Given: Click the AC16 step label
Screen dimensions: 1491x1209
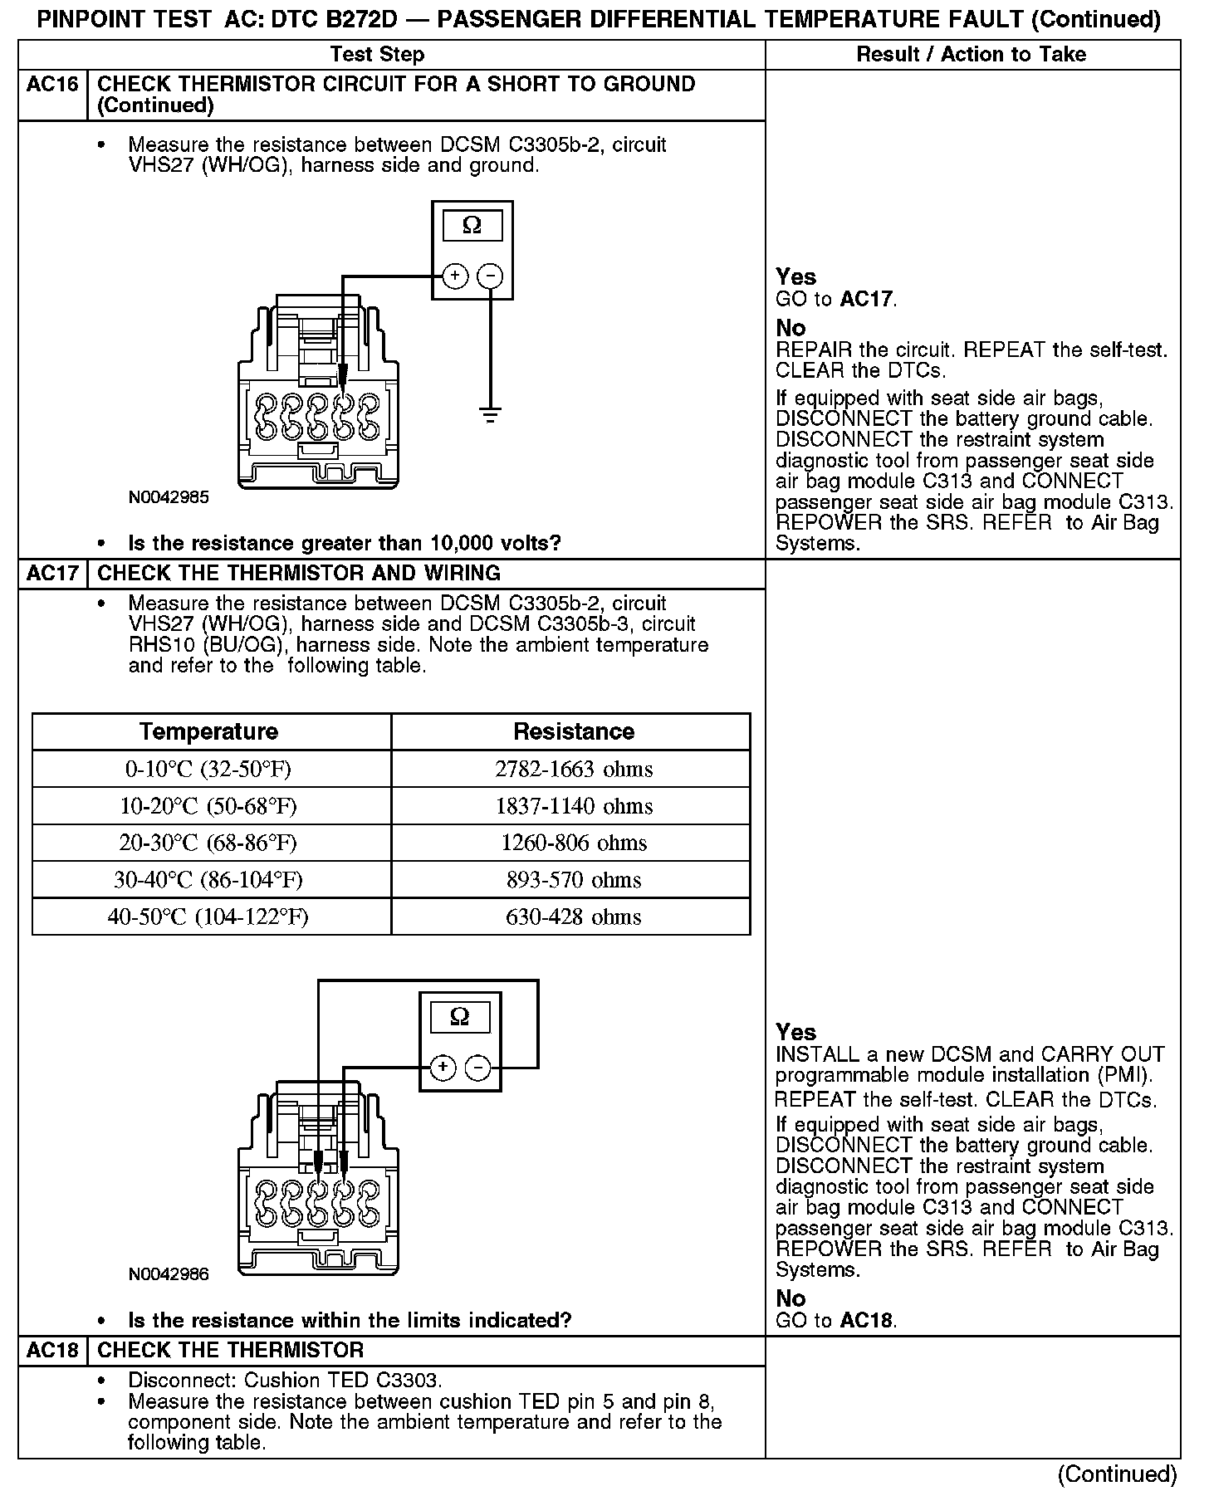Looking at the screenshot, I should pos(52,85).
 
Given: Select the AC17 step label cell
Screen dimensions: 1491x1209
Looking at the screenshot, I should pos(52,574).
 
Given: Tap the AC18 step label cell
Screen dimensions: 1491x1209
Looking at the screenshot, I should pos(52,1351).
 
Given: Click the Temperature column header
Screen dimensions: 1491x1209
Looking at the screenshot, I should pos(209,731).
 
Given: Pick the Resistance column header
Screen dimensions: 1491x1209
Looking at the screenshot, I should pos(574,731).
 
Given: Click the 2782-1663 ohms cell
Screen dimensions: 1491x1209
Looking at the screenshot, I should pos(574,770).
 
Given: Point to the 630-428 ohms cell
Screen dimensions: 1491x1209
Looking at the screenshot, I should pos(574,917).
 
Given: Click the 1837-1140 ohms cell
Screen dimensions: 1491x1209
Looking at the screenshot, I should pos(574,806).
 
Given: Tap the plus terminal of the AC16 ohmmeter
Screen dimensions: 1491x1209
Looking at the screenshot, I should pos(455,276).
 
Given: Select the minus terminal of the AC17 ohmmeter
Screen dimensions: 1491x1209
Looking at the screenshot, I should pos(477,1068).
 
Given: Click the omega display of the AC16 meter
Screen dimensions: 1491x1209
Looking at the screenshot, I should pos(472,226).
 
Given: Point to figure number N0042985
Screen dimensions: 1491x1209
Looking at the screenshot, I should pos(169,498).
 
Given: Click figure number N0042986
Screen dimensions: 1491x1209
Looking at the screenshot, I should pos(169,1274).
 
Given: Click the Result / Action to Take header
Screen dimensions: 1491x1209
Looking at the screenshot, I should pos(971,55).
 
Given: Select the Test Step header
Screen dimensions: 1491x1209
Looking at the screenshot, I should pos(377,55).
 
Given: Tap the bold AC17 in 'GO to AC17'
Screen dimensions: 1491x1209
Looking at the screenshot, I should pos(866,300).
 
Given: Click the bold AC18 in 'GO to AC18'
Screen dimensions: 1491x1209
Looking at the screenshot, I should pos(866,1321).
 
